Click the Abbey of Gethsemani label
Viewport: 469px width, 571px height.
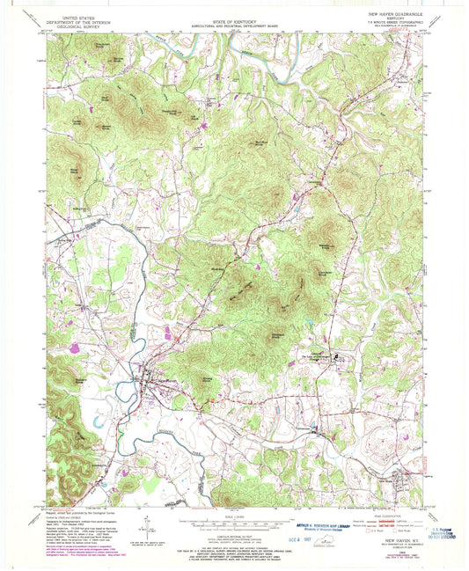coord(319,356)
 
